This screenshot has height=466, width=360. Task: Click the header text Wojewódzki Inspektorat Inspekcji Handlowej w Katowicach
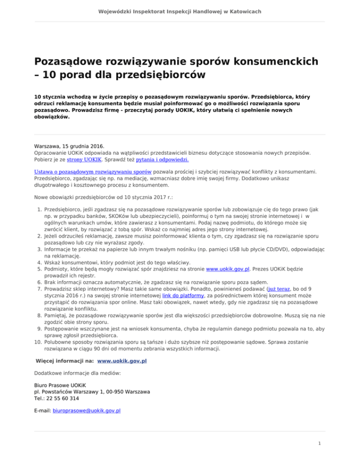180,11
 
